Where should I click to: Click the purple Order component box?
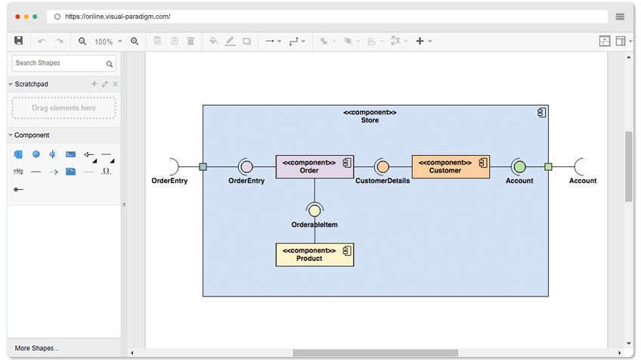pyautogui.click(x=314, y=166)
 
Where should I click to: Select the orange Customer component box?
pyautogui.click(x=451, y=166)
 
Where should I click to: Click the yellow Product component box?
pyautogui.click(x=314, y=254)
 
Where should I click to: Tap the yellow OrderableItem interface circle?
pyautogui.click(x=314, y=211)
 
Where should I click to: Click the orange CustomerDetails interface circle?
pyautogui.click(x=382, y=166)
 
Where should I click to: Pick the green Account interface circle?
pyautogui.click(x=519, y=166)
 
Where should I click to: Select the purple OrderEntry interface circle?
pyautogui.click(x=246, y=166)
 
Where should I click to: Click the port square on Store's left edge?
pyautogui.click(x=203, y=166)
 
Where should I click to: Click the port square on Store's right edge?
pyautogui.click(x=548, y=166)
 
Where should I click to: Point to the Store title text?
pyautogui.click(x=370, y=120)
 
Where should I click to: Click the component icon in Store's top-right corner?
pyautogui.click(x=541, y=113)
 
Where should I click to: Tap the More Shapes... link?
pyautogui.click(x=37, y=348)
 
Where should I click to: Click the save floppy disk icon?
pyautogui.click(x=19, y=41)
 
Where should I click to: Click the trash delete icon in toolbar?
pyautogui.click(x=190, y=41)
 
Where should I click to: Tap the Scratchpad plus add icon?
pyautogui.click(x=94, y=84)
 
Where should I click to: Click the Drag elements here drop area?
pyautogui.click(x=64, y=108)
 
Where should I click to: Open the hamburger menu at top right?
pyautogui.click(x=620, y=16)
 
